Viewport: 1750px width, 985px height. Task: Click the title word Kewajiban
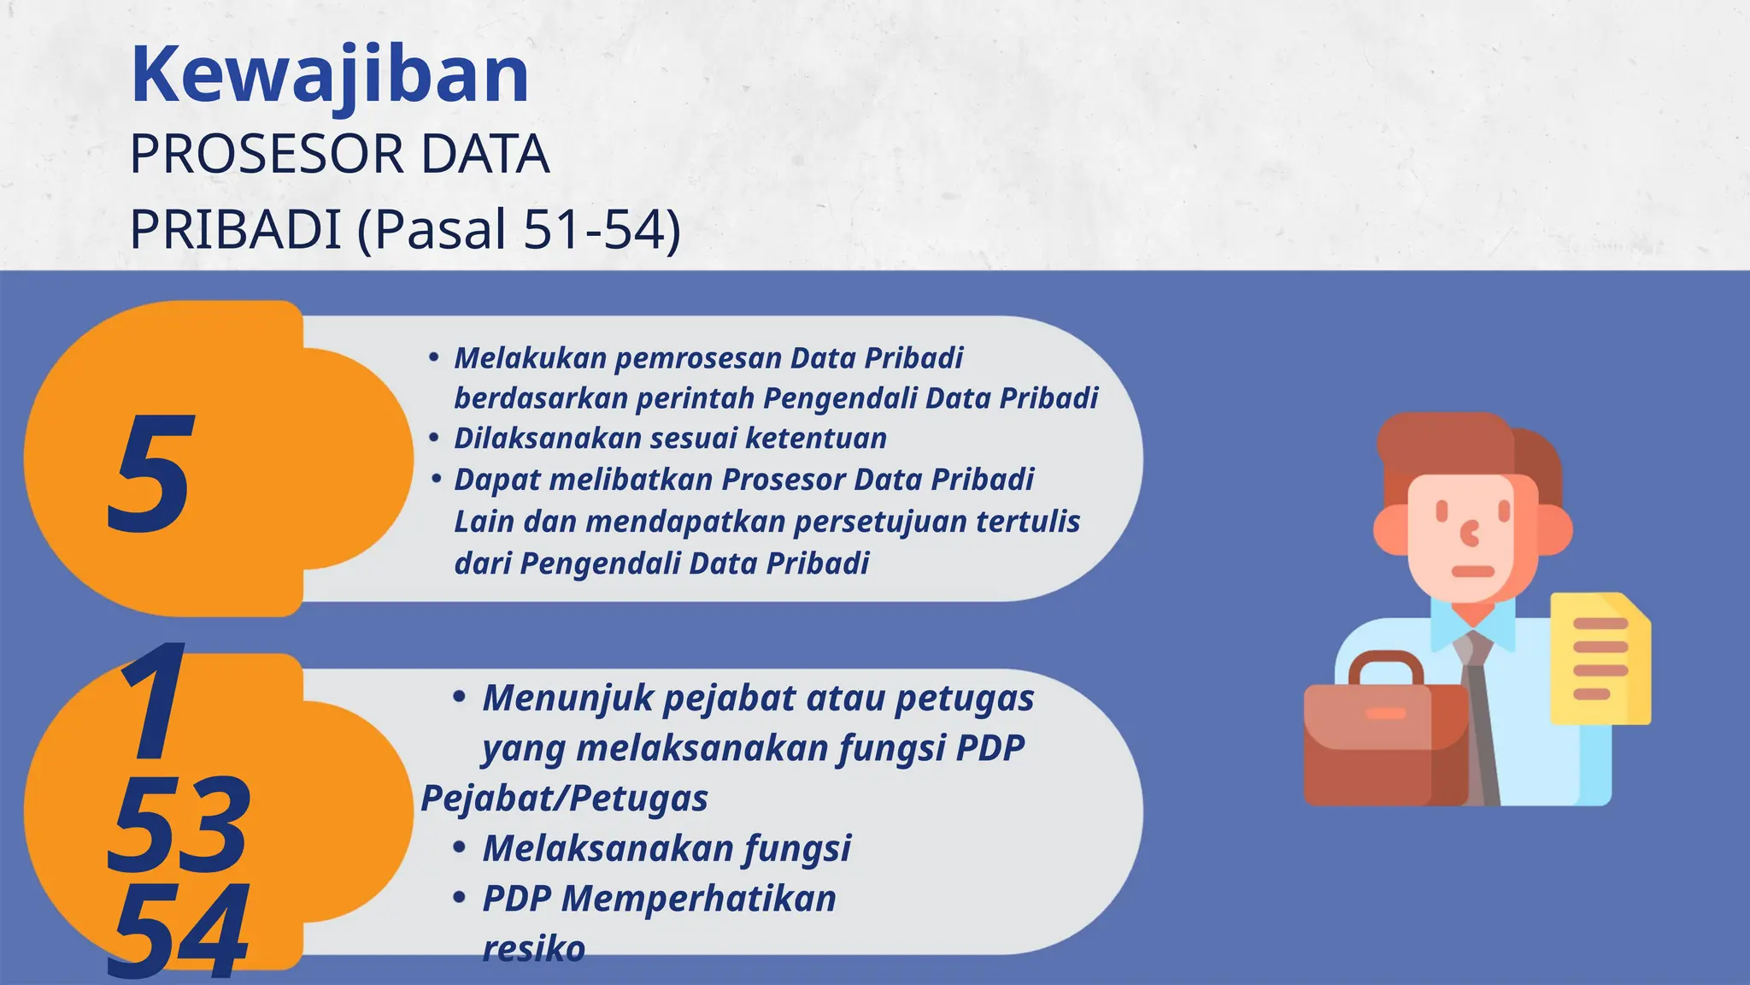[330, 75]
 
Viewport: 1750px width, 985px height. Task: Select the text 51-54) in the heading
[602, 229]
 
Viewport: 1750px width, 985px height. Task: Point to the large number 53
[179, 824]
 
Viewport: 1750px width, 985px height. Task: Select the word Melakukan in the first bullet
[530, 358]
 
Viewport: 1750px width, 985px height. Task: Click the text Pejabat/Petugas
[564, 799]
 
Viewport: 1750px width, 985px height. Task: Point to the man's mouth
[1472, 571]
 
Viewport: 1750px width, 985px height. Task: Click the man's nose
[1470, 534]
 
